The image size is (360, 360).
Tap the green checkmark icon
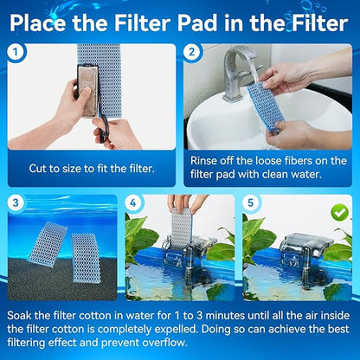pos(340,210)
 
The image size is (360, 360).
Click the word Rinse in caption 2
pos(208,159)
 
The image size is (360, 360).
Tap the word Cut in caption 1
pos(39,167)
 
